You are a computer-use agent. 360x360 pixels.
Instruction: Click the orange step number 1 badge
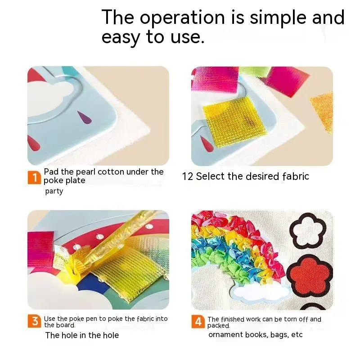tap(34, 177)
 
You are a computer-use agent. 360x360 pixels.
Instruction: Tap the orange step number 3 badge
tap(35, 321)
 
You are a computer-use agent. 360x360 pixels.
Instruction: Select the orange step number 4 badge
tap(198, 322)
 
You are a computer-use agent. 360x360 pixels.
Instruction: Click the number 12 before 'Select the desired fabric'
tap(188, 176)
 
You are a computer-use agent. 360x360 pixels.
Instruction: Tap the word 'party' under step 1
tap(54, 191)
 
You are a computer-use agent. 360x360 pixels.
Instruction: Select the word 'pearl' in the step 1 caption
tap(85, 172)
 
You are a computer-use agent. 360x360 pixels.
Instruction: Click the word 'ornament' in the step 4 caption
tap(226, 335)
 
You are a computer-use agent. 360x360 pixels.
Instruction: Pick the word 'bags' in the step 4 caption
tap(279, 335)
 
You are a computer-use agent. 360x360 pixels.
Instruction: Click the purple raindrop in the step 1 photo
tap(84, 117)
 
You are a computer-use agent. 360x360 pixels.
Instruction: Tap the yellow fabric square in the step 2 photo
tap(234, 121)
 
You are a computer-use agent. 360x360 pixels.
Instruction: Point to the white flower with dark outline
tap(308, 230)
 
